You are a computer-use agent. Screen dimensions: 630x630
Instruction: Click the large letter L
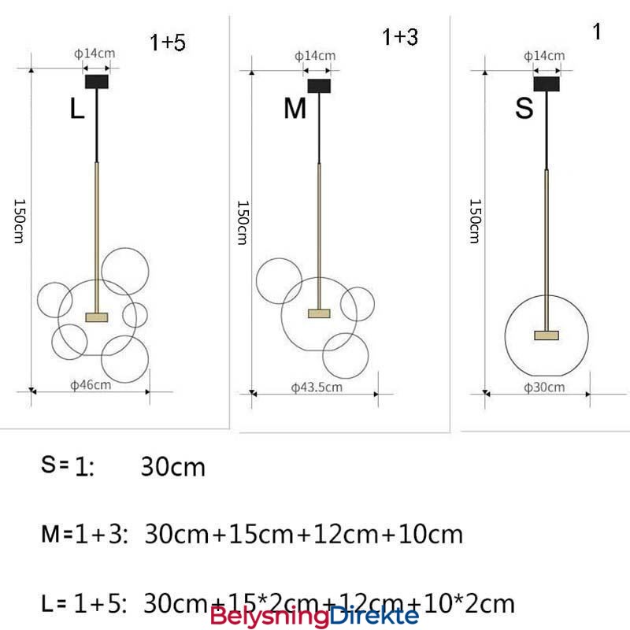coord(77,108)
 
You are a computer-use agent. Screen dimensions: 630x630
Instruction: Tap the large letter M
coord(295,108)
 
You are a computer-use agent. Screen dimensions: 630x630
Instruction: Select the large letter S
coord(524,108)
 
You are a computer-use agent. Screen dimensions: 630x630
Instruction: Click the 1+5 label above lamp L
coord(168,43)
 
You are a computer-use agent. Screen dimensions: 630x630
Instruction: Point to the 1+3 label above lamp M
coord(400,37)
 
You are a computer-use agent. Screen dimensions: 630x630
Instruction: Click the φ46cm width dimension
coord(91,385)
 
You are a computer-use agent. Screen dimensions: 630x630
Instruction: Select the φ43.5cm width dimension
coord(317,387)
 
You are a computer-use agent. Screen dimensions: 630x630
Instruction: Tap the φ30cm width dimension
coord(544,387)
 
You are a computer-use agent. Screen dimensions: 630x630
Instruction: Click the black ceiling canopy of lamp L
coord(97,82)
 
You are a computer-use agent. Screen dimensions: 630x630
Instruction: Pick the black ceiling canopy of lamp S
coord(547,84)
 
